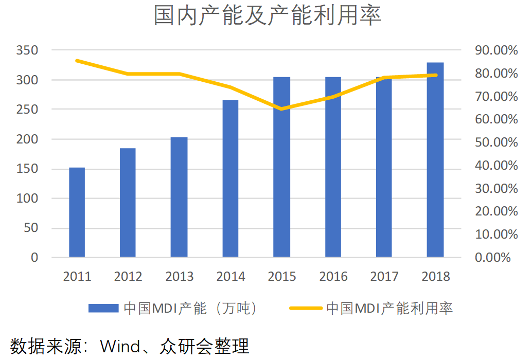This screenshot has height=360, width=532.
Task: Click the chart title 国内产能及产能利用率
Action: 268,15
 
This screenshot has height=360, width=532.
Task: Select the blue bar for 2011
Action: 77,212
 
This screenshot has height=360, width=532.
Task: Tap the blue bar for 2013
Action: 179,197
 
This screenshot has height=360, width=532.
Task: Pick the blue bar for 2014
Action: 230,178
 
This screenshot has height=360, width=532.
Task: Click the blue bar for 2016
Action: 333,167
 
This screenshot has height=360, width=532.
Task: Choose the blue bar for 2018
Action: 435,160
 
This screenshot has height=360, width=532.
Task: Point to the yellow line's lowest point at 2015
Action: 281,109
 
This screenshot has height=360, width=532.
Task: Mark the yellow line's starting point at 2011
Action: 77,61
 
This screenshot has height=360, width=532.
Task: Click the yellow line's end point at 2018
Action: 436,75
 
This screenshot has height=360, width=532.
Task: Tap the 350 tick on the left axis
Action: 27,50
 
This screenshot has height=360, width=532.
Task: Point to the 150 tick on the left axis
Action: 27,169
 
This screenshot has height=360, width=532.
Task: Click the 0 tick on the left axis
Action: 34,258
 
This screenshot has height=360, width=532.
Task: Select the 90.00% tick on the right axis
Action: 496,50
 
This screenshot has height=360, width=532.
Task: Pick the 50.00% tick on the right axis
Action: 496,142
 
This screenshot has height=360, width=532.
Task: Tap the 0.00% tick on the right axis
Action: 493,258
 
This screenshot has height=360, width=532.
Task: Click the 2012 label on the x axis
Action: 128,277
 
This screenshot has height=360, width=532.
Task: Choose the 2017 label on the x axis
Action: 384,277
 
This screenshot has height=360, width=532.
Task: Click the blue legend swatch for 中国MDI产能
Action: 103,308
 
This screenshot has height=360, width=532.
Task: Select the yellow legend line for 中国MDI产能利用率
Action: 306,308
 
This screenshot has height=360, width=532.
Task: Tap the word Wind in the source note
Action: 120,347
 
